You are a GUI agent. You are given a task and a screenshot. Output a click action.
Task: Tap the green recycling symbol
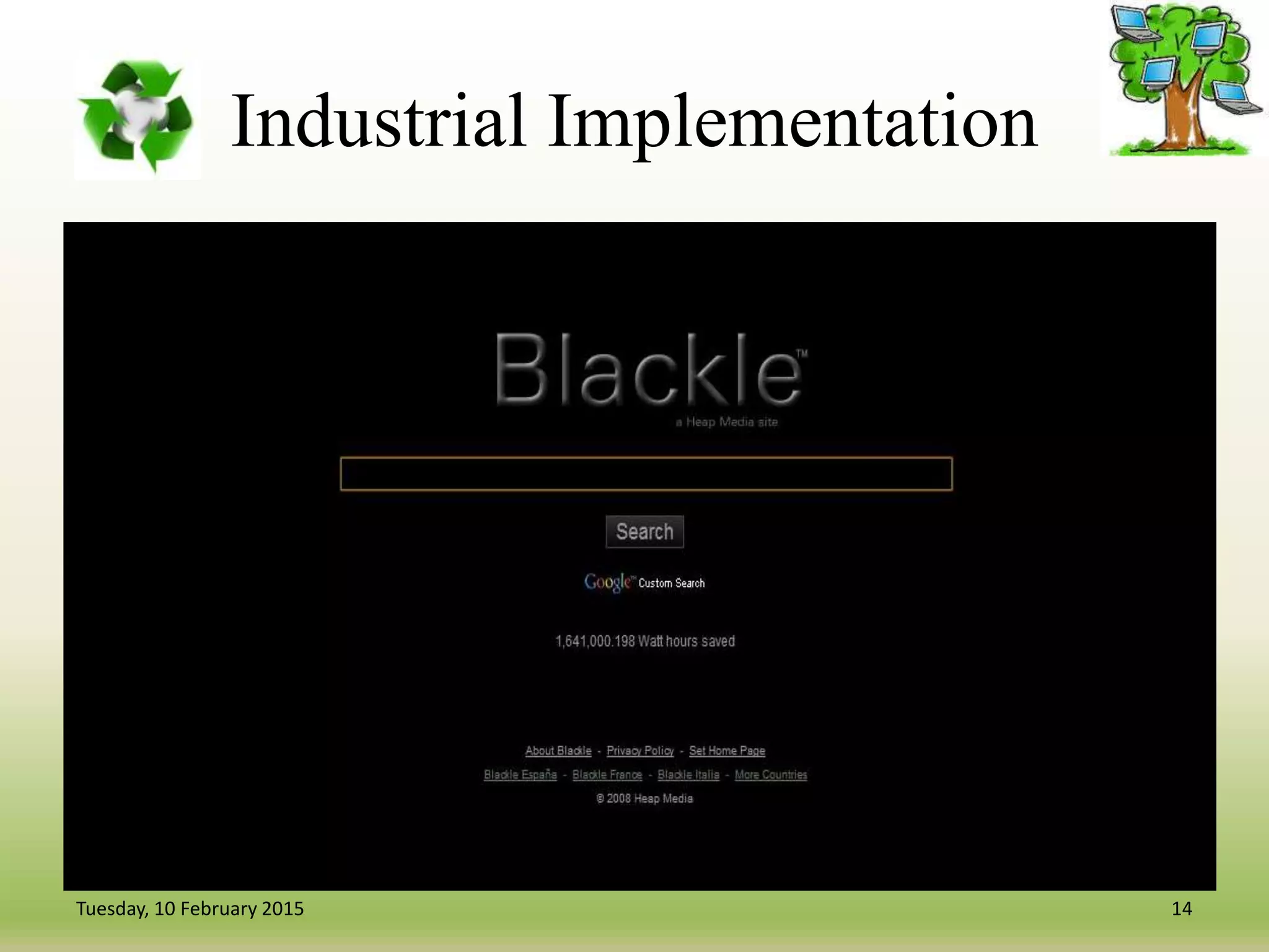pyautogui.click(x=138, y=117)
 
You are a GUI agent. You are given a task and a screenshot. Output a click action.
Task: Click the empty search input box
pyautogui.click(x=646, y=474)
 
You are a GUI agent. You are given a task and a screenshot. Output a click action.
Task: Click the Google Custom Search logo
pyautogui.click(x=644, y=583)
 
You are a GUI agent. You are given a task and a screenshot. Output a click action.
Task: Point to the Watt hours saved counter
pyautogui.click(x=645, y=641)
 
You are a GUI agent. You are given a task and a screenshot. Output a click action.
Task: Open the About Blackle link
pyautogui.click(x=558, y=751)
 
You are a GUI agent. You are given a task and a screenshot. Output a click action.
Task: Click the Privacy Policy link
pyautogui.click(x=640, y=751)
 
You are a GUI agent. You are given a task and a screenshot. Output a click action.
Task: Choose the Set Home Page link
pyautogui.click(x=727, y=751)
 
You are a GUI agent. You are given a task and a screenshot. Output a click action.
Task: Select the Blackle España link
pyautogui.click(x=520, y=775)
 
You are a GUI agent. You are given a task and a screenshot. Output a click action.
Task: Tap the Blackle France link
pyautogui.click(x=607, y=775)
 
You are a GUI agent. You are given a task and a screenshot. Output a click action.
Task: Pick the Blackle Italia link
pyautogui.click(x=688, y=775)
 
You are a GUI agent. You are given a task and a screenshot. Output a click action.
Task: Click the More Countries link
pyautogui.click(x=771, y=775)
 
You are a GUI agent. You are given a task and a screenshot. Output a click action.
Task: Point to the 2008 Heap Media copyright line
pyautogui.click(x=644, y=798)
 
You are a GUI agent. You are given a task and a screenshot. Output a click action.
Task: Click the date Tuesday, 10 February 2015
pyautogui.click(x=190, y=909)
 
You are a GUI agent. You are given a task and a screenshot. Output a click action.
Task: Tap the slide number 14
pyautogui.click(x=1182, y=909)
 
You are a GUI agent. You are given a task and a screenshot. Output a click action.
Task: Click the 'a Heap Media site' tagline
pyautogui.click(x=726, y=422)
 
